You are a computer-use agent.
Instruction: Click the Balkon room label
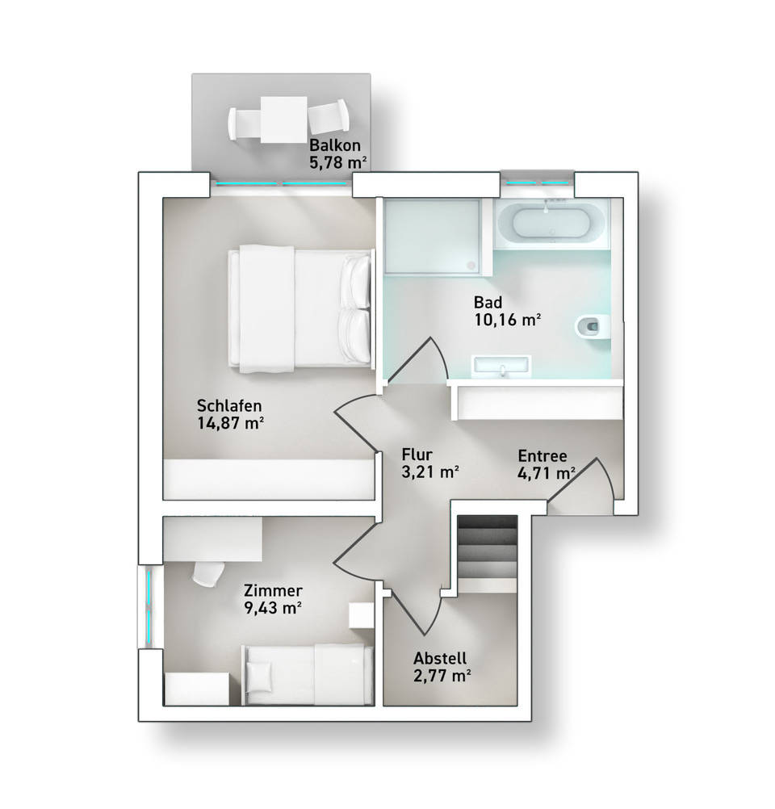pos(334,145)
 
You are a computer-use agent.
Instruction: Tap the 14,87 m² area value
pos(231,423)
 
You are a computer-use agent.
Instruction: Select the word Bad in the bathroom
pos(488,302)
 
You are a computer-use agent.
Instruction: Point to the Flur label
pos(417,455)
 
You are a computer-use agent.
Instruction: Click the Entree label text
pos(542,455)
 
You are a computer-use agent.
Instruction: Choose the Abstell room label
pos(440,658)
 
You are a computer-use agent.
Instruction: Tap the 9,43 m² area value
pos(273,608)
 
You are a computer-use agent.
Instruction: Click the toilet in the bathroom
pos(593,326)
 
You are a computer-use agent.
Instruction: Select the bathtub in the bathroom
pos(551,224)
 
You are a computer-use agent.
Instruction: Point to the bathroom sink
pos(502,364)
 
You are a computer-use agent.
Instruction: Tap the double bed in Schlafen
pos(300,308)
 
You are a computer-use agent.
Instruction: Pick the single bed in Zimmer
pos(308,674)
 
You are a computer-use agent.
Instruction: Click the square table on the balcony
pos(284,119)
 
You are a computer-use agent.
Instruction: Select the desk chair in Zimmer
pos(208,572)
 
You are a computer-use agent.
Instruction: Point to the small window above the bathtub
pos(537,182)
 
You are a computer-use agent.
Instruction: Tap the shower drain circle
pos(471,265)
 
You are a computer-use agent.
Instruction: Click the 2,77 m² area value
pos(442,675)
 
